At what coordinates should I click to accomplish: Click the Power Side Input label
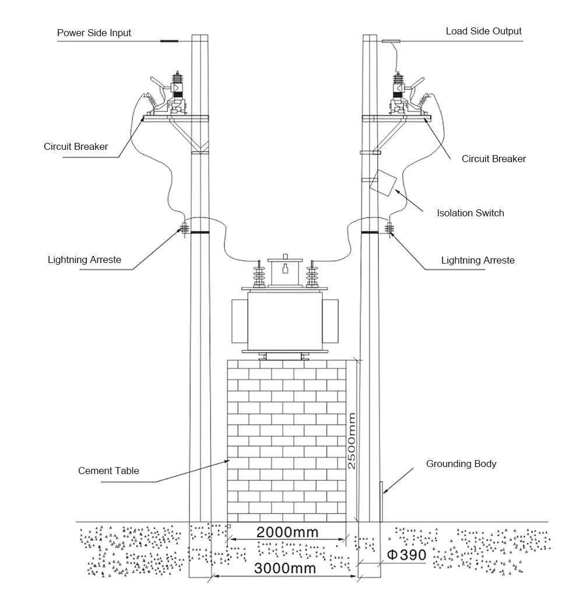click(94, 33)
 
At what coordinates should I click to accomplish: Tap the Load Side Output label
click(483, 31)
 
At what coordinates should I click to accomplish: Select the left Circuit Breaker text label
click(76, 147)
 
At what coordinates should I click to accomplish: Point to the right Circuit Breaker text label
click(493, 159)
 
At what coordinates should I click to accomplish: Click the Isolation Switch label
click(470, 213)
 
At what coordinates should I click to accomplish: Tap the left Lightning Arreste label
click(85, 259)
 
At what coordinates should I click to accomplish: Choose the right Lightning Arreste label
click(477, 260)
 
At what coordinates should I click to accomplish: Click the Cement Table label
click(108, 471)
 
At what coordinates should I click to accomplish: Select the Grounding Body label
click(461, 464)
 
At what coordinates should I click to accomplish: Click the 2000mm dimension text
click(288, 532)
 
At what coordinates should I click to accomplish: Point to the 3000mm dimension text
click(285, 569)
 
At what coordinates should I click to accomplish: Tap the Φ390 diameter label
click(406, 555)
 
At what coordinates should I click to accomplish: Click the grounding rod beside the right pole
click(382, 501)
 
